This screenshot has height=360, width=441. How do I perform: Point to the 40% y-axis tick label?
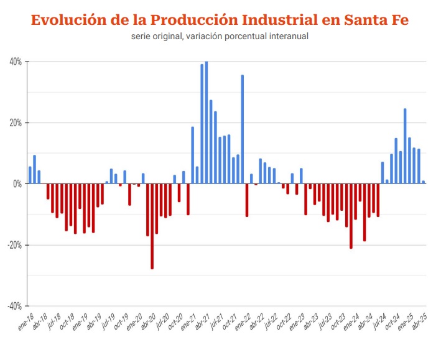(x=16, y=62)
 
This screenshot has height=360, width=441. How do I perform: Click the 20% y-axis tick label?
(x=16, y=123)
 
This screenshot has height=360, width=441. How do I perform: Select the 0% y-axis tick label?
(x=17, y=184)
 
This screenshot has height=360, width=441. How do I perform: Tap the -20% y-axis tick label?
(x=15, y=245)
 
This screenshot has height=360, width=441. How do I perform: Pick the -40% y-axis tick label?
(x=15, y=306)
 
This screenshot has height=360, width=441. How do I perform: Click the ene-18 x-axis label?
(x=26, y=322)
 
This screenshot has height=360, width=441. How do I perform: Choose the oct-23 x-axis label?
(x=338, y=322)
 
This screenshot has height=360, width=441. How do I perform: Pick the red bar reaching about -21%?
(x=351, y=216)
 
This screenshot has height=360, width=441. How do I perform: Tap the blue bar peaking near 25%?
(x=405, y=146)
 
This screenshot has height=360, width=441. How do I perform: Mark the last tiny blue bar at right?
(x=424, y=182)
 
